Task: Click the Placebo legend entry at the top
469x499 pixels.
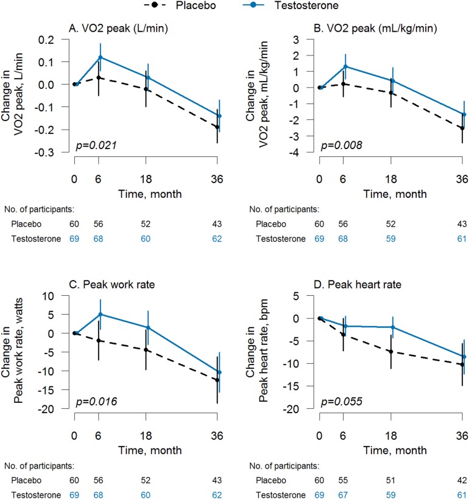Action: (196, 7)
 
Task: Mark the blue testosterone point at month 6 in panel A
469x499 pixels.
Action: (100, 57)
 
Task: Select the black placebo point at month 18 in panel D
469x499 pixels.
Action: (391, 352)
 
